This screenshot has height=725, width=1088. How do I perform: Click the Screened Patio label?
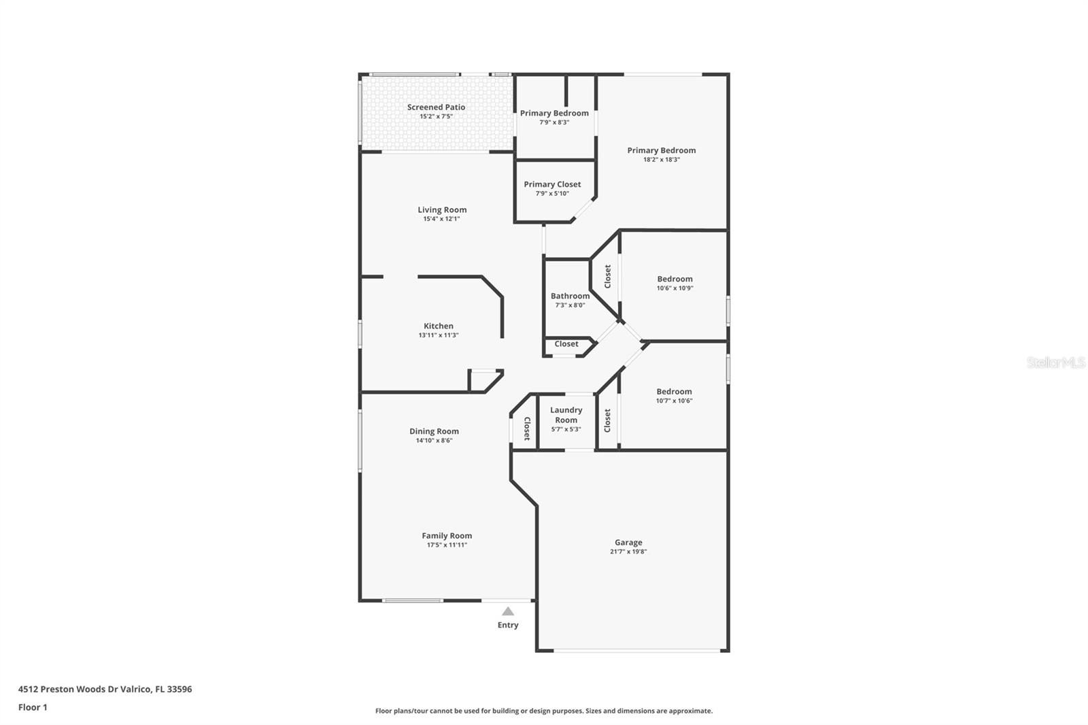436,107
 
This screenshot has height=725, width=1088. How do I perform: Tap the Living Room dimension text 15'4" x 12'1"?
441,219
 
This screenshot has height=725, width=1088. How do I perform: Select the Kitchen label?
438,326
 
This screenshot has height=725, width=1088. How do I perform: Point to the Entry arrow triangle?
508,611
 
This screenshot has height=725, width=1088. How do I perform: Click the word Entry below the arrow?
508,625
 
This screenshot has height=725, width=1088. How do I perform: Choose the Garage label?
628,542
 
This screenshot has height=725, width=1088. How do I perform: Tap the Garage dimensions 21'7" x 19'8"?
628,552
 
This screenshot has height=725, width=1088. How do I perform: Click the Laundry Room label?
566,415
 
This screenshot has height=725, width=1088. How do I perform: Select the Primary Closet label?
552,184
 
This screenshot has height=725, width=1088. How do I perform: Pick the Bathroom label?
570,296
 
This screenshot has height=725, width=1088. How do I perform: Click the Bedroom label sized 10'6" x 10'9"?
675,279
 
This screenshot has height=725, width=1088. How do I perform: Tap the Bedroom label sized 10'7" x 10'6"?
674,392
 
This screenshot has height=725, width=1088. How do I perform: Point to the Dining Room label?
434,431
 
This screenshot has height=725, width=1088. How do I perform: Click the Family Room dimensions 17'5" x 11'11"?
447,545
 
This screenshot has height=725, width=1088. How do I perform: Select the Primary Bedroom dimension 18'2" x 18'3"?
661,160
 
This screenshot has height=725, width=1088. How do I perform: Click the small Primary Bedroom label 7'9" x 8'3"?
554,113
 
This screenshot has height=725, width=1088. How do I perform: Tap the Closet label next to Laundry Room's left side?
527,428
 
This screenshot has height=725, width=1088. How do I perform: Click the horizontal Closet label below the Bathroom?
566,344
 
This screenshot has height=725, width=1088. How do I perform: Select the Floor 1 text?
33,707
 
